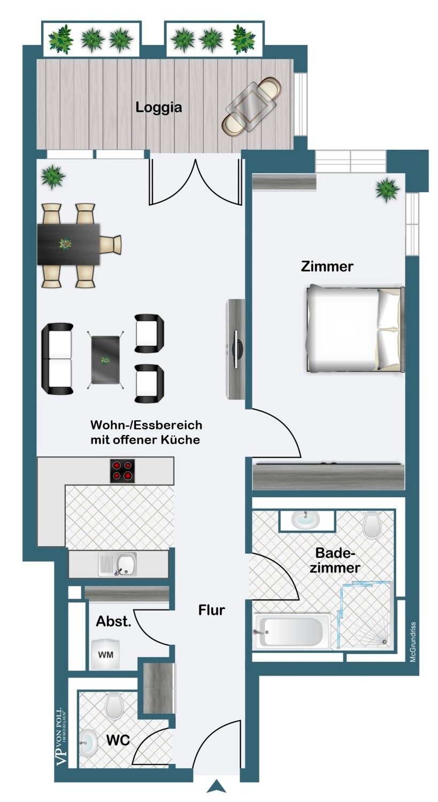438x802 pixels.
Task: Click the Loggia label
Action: [x=159, y=107]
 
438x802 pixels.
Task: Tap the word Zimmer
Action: [x=327, y=266]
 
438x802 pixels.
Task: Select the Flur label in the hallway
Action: [x=212, y=610]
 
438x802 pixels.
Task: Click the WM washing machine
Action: [x=106, y=654]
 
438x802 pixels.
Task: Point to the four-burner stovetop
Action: [x=122, y=471]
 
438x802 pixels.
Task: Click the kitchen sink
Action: [x=118, y=564]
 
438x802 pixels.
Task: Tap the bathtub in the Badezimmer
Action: [x=292, y=632]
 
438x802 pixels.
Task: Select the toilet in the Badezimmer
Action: [x=372, y=526]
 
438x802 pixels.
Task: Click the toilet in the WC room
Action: [x=114, y=706]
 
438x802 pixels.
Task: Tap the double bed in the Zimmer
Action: [x=355, y=329]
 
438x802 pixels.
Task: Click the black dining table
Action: [x=68, y=244]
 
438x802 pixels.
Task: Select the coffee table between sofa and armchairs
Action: [x=105, y=360]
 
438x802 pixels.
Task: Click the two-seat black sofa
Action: [x=58, y=359]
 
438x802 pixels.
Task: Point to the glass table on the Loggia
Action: [x=252, y=106]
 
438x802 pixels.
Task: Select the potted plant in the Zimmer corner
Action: [x=387, y=189]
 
